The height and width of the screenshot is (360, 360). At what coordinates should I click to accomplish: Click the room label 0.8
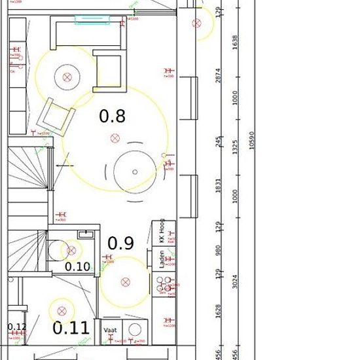[112, 117]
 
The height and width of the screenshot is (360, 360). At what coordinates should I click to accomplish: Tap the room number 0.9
[120, 243]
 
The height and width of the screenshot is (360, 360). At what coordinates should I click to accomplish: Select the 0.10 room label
[78, 266]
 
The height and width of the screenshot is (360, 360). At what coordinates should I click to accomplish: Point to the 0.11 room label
[71, 327]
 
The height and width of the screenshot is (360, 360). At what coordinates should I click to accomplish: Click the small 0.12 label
[17, 327]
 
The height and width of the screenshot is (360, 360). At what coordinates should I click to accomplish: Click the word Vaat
[110, 331]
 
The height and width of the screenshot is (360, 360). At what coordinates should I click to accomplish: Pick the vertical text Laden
[161, 261]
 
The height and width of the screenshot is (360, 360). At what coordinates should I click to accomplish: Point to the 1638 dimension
[218, 43]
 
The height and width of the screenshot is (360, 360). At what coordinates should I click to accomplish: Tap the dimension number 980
[218, 251]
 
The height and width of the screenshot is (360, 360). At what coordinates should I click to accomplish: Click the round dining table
[135, 171]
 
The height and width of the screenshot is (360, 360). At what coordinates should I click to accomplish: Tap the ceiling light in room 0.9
[124, 283]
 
